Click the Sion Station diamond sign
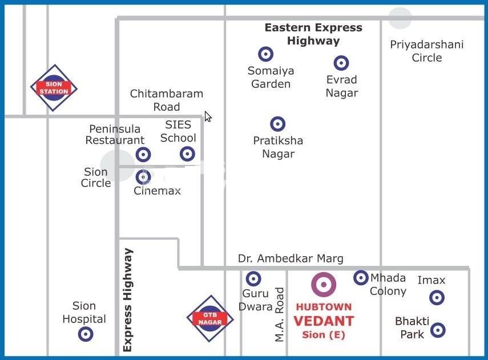coord(54,88)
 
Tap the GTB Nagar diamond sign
coord(210,318)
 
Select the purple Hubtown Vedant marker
coord(323,285)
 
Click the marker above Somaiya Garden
coord(265,54)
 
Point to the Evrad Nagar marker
coord(341,63)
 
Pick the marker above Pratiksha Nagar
coord(277,124)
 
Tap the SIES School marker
coord(187,153)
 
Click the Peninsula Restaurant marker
coord(143,154)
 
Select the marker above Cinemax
coord(143,177)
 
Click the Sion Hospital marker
coord(85,334)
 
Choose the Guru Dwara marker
coord(253,279)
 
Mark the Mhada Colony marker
coord(361,278)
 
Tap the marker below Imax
coord(437,297)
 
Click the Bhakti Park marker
coord(438,330)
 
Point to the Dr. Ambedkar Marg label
coord(291,258)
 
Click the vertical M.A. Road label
coord(280,314)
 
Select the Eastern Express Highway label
coord(313,34)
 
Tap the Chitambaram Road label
coord(166,100)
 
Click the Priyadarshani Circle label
coord(426,51)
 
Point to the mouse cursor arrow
coord(208,116)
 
